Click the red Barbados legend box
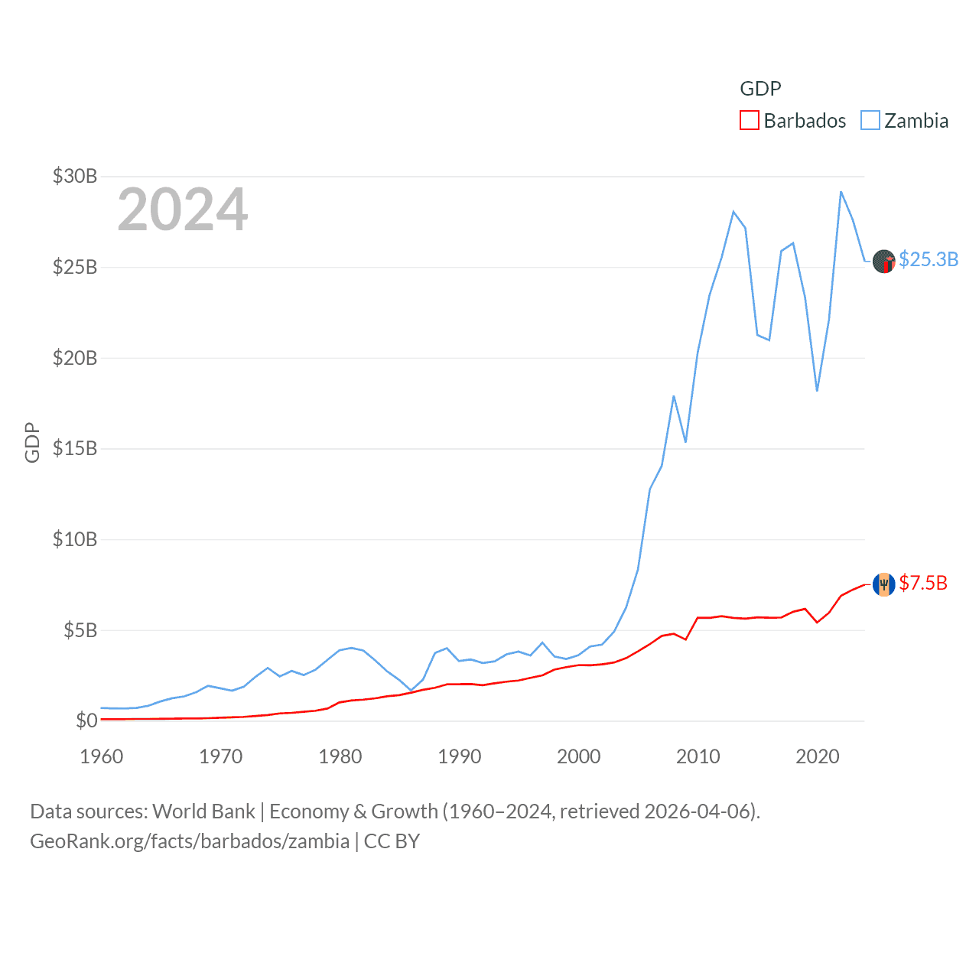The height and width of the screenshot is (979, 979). tap(750, 121)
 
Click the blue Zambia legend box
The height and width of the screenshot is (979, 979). tap(870, 121)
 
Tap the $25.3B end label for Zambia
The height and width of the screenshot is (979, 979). tap(929, 259)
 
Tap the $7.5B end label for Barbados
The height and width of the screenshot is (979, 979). tap(923, 583)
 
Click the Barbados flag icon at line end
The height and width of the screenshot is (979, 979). tap(884, 584)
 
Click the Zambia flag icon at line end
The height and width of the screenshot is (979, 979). tap(884, 262)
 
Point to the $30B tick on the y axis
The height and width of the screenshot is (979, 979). tap(75, 176)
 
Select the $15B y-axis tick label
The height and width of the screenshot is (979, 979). tap(75, 448)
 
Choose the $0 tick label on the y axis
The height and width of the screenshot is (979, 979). tap(86, 720)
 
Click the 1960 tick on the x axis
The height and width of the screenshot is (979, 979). tap(102, 756)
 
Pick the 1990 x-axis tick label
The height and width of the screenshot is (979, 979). tap(460, 756)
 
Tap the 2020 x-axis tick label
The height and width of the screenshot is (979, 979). tap(818, 756)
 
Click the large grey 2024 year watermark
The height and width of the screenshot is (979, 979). tap(183, 210)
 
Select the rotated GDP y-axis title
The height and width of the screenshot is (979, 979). tap(32, 442)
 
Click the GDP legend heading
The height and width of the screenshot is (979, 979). tap(760, 89)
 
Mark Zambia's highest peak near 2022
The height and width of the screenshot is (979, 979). tap(841, 191)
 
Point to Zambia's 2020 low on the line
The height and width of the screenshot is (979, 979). tap(818, 391)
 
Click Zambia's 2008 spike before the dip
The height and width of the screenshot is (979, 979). tap(674, 396)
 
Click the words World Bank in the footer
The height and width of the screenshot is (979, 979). tap(204, 811)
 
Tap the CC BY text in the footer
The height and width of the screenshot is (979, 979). tap(392, 841)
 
